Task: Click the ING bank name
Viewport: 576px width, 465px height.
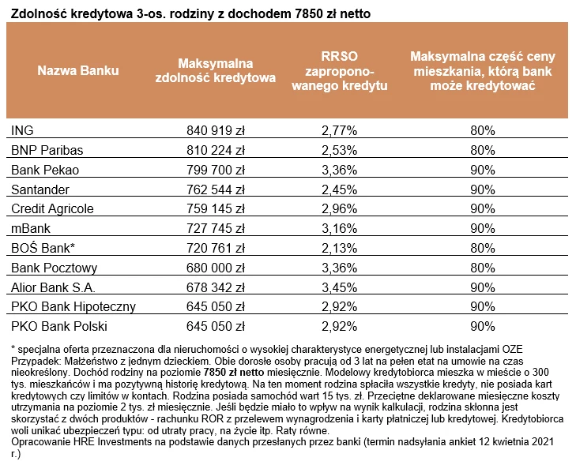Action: click(x=22, y=130)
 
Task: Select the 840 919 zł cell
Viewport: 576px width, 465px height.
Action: click(x=215, y=130)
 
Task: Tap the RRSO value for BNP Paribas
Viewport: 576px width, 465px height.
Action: click(x=339, y=150)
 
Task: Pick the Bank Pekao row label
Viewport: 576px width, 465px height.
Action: click(x=45, y=170)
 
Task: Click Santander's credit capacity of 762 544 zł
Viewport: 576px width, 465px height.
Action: click(x=215, y=189)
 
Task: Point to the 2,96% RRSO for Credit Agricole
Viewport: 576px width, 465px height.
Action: click(x=339, y=209)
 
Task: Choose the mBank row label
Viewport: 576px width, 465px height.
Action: click(x=31, y=228)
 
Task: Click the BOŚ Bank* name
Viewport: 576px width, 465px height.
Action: click(x=43, y=248)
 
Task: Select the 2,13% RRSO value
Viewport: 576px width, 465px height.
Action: click(x=339, y=248)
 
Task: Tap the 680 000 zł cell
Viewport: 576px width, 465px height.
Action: click(x=215, y=268)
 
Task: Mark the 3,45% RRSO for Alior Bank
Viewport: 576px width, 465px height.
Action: click(x=339, y=287)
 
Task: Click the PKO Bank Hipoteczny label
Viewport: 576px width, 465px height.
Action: click(x=73, y=307)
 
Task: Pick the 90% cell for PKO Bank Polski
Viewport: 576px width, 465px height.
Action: click(x=483, y=326)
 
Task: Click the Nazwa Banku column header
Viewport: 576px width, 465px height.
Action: click(x=78, y=70)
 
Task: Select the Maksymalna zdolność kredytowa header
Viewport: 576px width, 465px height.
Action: click(x=215, y=70)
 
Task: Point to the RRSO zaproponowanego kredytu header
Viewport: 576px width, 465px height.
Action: click(x=339, y=71)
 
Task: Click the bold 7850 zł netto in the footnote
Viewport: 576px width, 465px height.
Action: click(x=234, y=372)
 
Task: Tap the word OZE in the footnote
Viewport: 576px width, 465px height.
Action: click(x=512, y=349)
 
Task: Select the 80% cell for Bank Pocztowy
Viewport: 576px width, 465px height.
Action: click(x=483, y=268)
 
